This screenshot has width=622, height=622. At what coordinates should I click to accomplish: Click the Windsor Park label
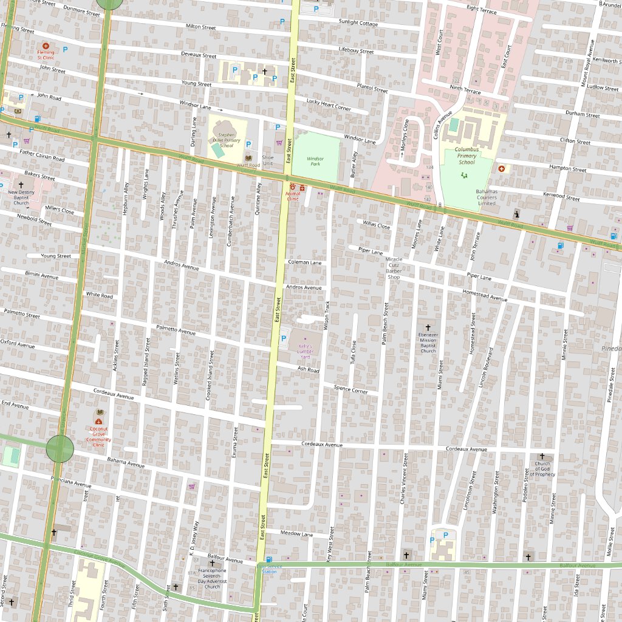315,161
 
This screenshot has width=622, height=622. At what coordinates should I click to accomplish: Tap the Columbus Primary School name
466,155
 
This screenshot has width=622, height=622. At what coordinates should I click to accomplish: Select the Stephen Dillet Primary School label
226,140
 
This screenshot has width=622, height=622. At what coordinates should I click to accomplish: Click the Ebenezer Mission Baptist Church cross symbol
428,327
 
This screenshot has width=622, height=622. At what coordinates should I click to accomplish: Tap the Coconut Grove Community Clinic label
98,439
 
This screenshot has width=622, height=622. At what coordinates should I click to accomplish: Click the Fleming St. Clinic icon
46,46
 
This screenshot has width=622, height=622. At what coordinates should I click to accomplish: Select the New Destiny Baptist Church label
21,197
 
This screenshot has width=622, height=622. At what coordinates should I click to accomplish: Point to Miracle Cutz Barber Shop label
394,268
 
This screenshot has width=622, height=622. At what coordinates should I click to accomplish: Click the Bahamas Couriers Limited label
486,197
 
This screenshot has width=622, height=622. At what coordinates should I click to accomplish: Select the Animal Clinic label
292,196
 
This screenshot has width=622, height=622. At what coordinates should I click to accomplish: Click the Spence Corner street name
350,389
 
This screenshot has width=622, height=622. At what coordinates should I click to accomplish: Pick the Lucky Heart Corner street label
329,104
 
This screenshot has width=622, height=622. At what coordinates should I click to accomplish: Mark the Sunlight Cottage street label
358,23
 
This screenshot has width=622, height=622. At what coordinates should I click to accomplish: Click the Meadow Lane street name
296,533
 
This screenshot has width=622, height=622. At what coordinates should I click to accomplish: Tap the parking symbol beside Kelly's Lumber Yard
282,338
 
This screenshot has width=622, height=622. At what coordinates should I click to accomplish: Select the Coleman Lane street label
304,262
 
